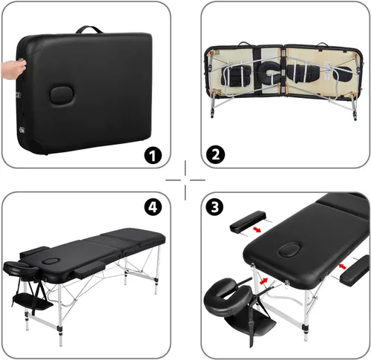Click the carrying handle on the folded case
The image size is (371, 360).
pos(93,31)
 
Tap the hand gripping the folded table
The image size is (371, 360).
pos(10,68)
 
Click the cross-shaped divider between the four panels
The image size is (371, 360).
pos(185,180)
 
